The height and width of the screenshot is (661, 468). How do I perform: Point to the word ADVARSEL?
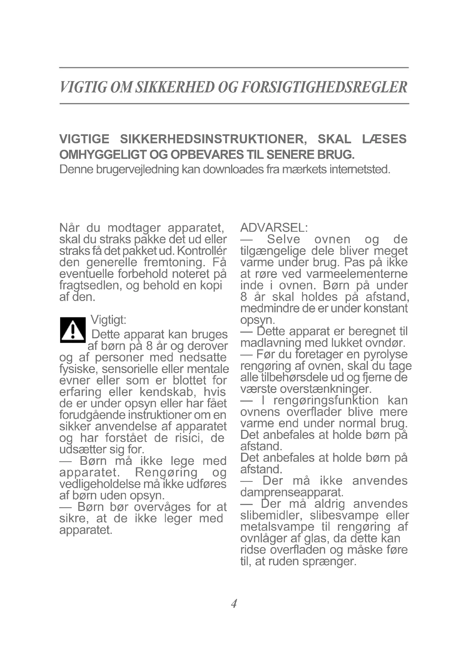click(x=274, y=228)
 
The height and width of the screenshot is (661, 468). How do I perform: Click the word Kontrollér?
click(x=202, y=251)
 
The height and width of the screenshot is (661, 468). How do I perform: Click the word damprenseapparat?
click(x=292, y=493)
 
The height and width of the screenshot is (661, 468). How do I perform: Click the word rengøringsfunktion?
click(x=326, y=400)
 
